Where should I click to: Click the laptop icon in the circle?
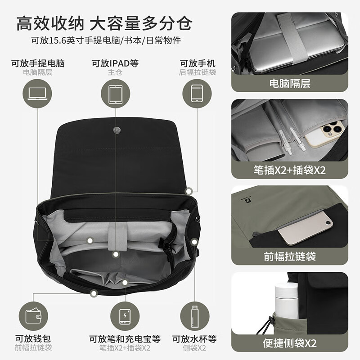pyautogui.click(x=37, y=94)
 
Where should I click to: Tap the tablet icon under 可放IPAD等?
pyautogui.click(x=115, y=94)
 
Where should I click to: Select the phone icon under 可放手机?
pyautogui.click(x=197, y=94)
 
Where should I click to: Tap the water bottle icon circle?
pyautogui.click(x=194, y=315)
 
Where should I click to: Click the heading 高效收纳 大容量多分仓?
pyautogui.click(x=104, y=22)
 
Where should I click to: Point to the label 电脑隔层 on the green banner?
pyautogui.click(x=290, y=83)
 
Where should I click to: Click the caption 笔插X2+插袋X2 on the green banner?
pyautogui.click(x=290, y=171)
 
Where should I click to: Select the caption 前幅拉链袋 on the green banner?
pyautogui.click(x=290, y=256)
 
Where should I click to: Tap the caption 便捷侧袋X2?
pyautogui.click(x=290, y=343)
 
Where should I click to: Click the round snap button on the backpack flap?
pyautogui.click(x=116, y=130)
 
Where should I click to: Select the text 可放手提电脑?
pyautogui.click(x=38, y=63)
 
